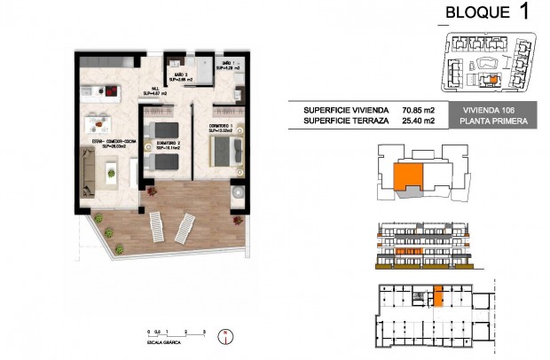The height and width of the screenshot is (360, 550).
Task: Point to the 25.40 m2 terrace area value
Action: click(x=420, y=121)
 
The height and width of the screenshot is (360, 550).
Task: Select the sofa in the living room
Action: click(x=90, y=168)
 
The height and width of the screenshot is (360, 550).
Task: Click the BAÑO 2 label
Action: click(x=182, y=75)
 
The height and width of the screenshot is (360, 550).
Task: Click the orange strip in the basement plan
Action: click(x=438, y=296)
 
